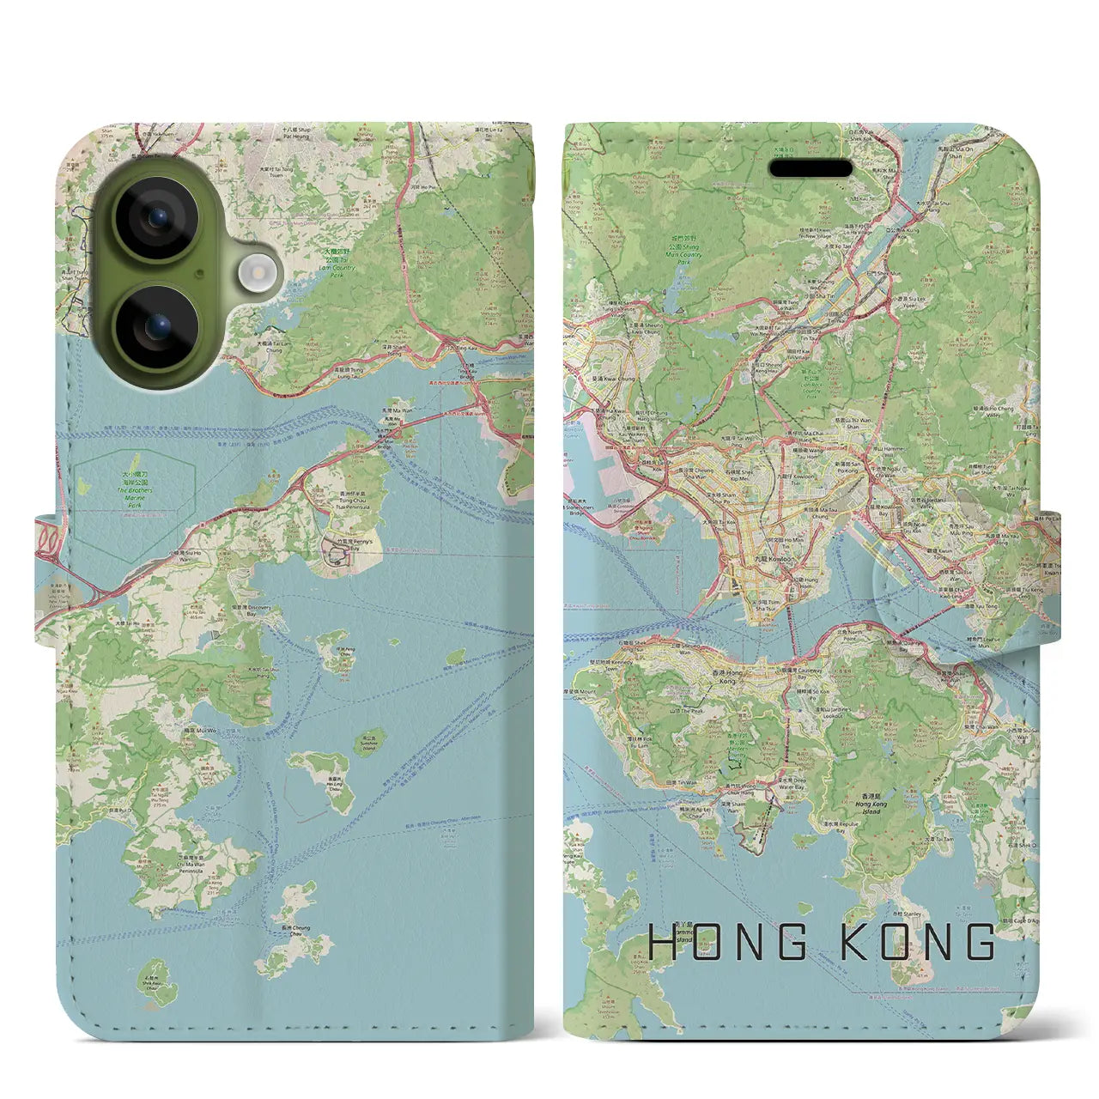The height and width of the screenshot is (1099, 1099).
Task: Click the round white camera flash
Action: (255, 274)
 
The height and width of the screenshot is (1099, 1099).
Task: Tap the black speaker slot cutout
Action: (811, 168)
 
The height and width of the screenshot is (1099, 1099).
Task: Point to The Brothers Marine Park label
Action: (134, 495)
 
